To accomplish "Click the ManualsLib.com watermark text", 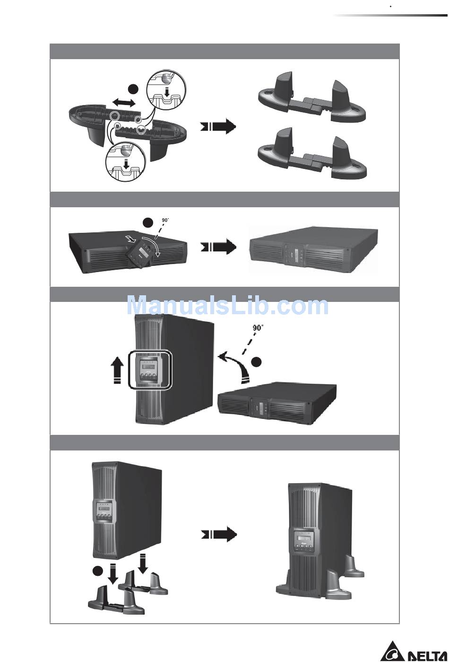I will [227, 306].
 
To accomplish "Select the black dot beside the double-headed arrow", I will [133, 88].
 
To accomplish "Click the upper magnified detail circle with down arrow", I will [166, 90].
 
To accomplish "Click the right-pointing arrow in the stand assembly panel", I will [218, 126].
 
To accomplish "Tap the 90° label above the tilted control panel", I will [165, 220].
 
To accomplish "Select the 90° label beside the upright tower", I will [258, 327].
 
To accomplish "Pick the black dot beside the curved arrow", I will [256, 362].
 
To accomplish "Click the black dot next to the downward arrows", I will [97, 571].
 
